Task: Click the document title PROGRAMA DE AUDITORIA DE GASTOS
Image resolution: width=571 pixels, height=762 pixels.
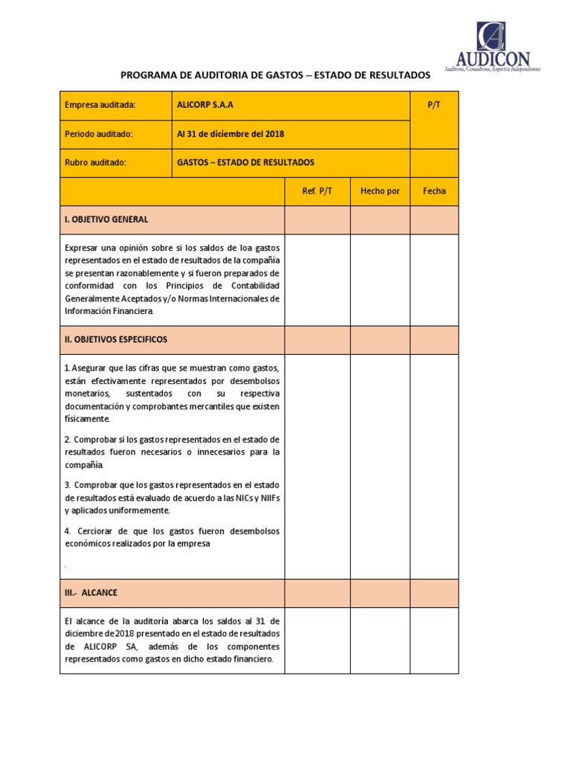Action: coord(275,75)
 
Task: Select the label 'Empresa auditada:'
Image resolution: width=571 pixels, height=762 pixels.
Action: coord(100,106)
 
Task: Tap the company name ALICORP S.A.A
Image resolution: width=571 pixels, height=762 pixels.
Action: coord(205,106)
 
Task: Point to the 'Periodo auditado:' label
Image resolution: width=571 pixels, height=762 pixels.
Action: coord(99,134)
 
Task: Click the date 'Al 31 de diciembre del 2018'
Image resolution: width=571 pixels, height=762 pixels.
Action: coord(230,134)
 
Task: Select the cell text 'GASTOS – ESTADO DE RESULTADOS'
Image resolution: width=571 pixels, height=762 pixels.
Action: coord(245,162)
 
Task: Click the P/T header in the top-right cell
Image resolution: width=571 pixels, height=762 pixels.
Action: coord(434,106)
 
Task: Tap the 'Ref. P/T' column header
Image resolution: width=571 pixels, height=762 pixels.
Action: coord(317,191)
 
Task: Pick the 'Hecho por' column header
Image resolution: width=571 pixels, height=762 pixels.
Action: coord(380,191)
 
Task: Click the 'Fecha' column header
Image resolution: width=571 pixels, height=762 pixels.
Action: coord(434,191)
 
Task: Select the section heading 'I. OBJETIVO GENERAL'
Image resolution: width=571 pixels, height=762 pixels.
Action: coord(106,220)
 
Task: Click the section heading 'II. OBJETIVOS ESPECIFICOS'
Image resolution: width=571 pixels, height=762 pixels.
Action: coord(116,339)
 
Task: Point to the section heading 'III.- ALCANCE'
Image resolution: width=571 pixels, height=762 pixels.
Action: coord(91,593)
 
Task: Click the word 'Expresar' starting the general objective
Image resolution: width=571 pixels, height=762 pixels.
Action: coord(81,248)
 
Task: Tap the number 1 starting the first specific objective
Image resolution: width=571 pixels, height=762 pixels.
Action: coord(67,368)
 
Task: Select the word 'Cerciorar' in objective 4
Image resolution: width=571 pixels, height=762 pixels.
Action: coord(95,531)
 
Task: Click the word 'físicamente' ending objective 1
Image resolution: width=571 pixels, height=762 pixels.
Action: coord(87,419)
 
